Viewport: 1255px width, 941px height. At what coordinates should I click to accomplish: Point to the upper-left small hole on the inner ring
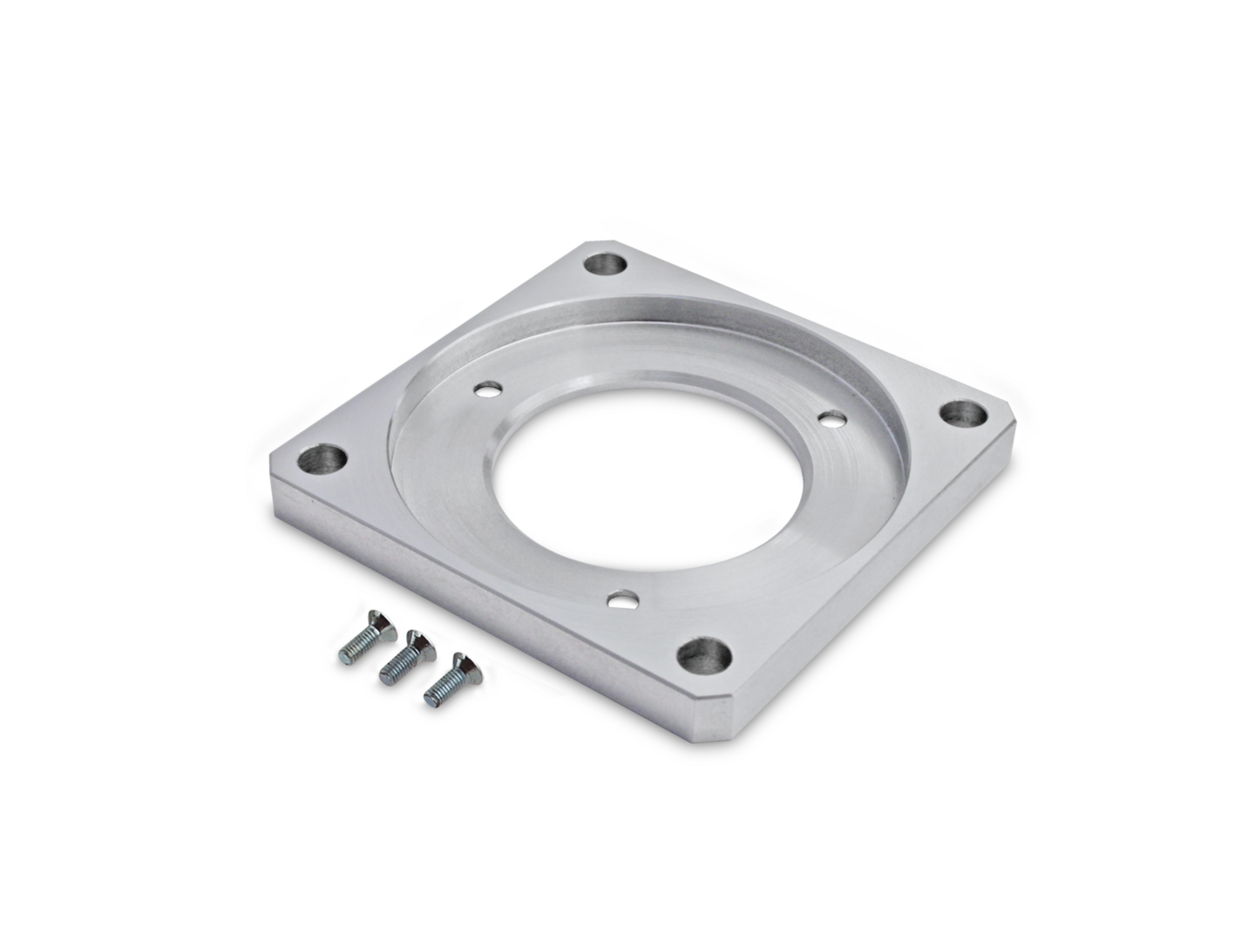click(485, 386)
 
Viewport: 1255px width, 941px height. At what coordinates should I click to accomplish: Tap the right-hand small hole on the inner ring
click(832, 419)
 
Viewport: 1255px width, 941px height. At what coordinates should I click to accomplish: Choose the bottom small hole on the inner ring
click(621, 600)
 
